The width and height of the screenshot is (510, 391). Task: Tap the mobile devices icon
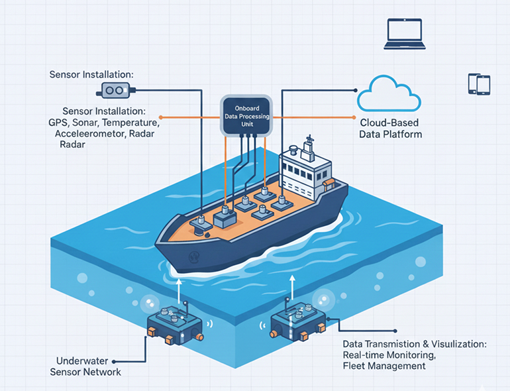coord(478,84)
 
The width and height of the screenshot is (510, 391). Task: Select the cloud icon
coord(389,94)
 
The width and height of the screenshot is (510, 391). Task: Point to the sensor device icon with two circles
coord(115,90)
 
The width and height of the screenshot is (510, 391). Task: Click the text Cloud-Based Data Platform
coord(390,129)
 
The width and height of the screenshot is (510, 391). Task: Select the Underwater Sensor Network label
coord(85,366)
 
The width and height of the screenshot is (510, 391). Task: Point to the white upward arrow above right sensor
coord(290,286)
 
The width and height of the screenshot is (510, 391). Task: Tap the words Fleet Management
coord(384,366)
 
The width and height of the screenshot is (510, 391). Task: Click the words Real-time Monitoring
coord(389,355)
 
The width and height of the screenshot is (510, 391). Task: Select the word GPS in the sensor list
coord(59,123)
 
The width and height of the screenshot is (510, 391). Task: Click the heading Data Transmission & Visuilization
coord(415,345)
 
